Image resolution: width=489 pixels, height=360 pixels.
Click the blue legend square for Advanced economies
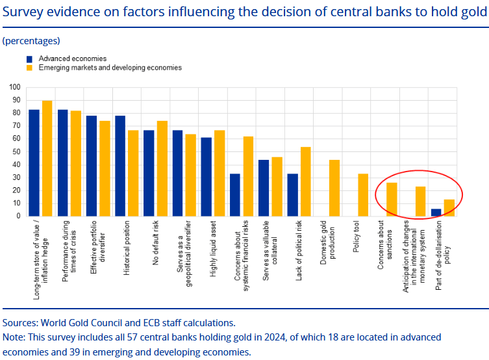[30, 58]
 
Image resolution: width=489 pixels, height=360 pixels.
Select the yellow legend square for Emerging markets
[30, 68]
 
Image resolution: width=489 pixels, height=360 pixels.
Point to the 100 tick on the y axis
[15, 87]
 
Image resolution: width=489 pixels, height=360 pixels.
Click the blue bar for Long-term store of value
[34, 163]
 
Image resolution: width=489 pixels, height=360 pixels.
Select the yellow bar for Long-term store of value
[47, 159]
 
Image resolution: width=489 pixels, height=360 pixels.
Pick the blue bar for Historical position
[120, 166]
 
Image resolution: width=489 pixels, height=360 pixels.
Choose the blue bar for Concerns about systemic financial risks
[235, 195]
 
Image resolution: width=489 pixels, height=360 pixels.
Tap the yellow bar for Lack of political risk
[305, 181]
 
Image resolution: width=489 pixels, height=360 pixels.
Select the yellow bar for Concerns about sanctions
[392, 199]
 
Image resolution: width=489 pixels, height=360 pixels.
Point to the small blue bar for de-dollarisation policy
[436, 212]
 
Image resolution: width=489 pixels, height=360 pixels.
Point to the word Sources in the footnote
[19, 322]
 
